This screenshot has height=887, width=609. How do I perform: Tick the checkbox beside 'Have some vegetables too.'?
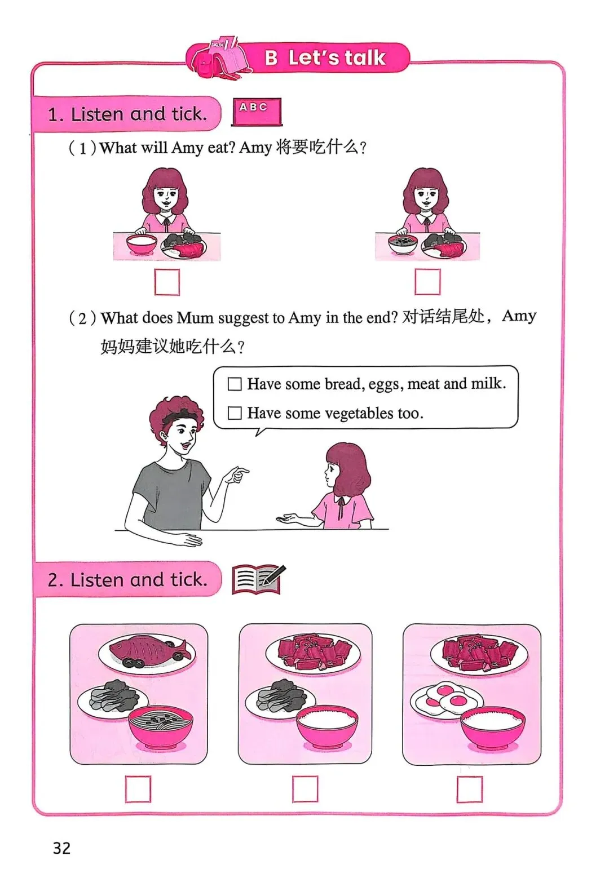(x=235, y=413)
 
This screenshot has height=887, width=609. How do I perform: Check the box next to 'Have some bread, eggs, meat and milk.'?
(x=235, y=384)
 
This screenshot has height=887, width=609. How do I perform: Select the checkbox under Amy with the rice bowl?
(x=167, y=282)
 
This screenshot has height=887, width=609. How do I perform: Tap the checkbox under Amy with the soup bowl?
(x=427, y=282)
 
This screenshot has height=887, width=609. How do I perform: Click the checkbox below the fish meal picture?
(x=138, y=789)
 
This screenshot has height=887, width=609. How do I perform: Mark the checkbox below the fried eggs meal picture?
(x=470, y=789)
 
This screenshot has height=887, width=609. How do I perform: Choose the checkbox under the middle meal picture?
(x=305, y=789)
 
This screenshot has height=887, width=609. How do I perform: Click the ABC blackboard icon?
(x=257, y=112)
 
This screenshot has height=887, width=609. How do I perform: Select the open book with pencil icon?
(x=258, y=579)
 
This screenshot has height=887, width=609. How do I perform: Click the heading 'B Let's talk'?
(x=325, y=58)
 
